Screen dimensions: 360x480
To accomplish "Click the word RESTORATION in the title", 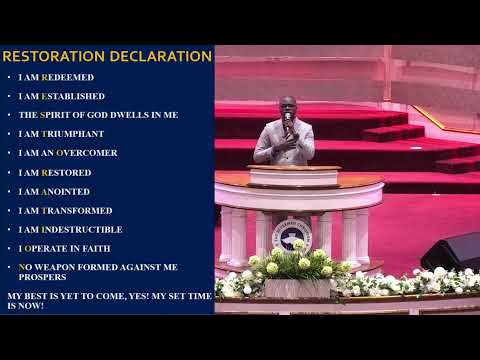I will (x=54, y=57).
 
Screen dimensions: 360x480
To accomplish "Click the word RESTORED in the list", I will (x=66, y=172).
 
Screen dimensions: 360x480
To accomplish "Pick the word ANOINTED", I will (x=66, y=191).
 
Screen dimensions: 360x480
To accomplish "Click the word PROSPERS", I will (x=39, y=278).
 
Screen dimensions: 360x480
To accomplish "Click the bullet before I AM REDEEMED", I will (x=8, y=77).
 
